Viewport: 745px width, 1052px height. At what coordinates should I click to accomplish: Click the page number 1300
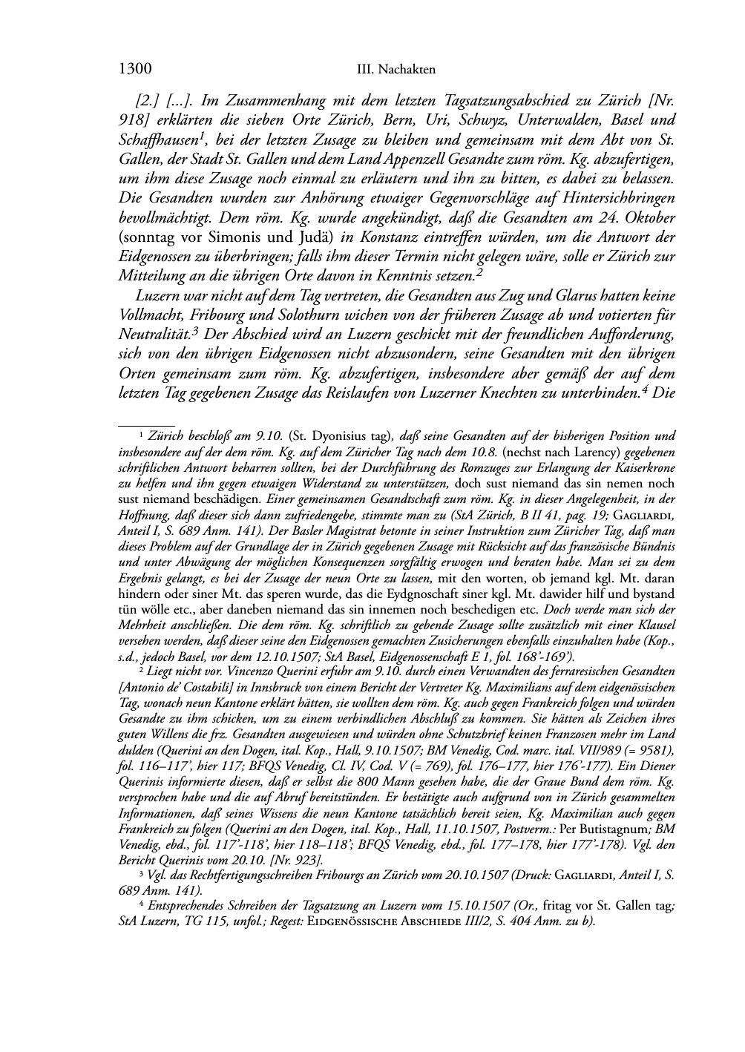tap(135, 70)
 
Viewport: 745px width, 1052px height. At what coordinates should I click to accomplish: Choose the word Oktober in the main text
tap(649, 217)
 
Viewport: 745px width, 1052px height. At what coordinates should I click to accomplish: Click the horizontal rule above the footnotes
tap(146, 425)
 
